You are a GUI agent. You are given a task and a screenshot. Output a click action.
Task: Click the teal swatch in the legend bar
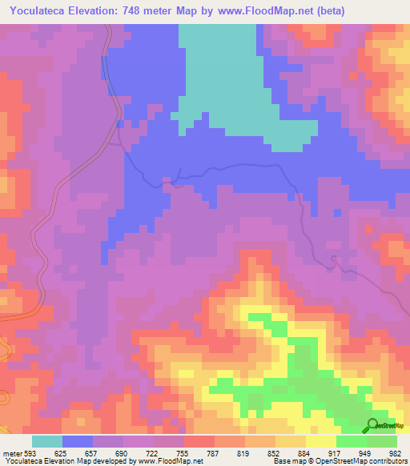tap(47, 442)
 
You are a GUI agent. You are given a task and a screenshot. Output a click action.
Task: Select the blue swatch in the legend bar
tap(78, 442)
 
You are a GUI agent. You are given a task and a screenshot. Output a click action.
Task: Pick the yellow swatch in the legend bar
tap(320, 442)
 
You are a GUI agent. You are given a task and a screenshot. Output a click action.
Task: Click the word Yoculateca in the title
tap(38, 12)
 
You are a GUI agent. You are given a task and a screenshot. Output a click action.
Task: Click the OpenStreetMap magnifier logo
tap(373, 424)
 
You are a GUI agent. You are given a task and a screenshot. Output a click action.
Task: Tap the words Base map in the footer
tap(287, 461)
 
